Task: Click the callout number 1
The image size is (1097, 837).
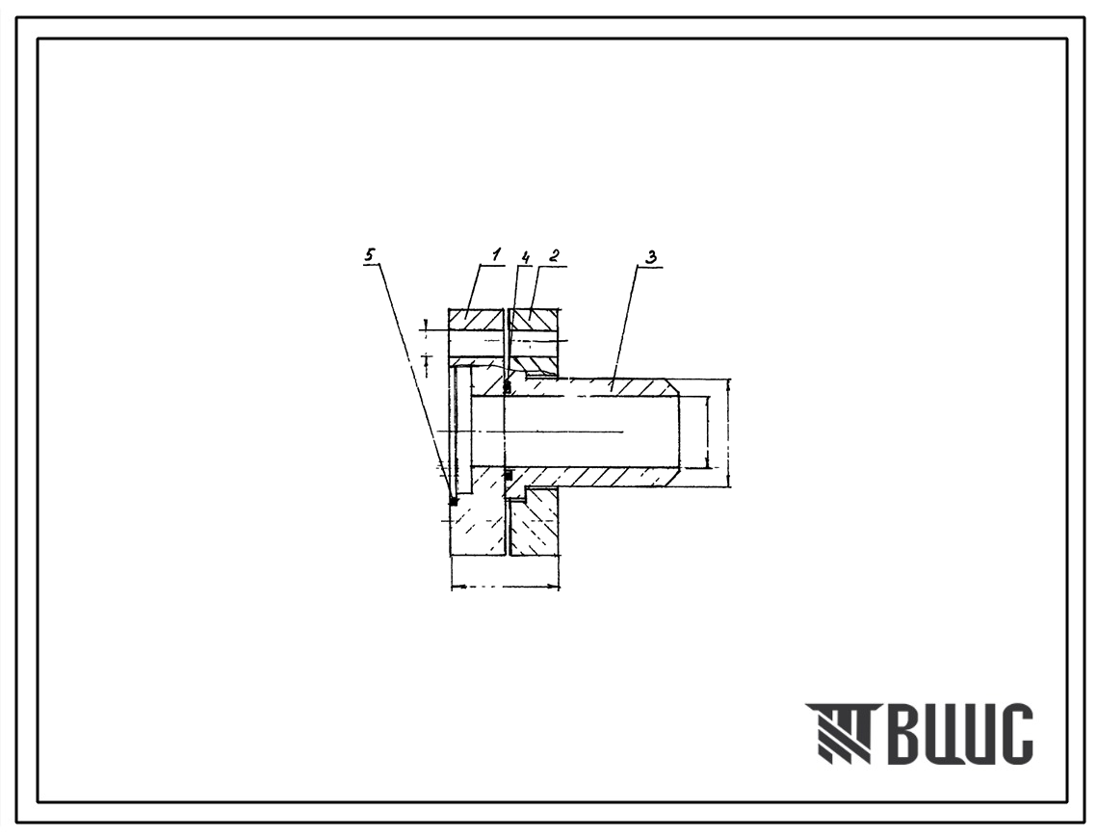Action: coord(497,255)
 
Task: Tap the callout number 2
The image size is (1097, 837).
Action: coord(554,255)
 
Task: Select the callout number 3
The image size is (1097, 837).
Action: coord(651,256)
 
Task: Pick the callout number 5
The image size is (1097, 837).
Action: coord(370,255)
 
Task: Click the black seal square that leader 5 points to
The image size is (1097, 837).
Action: coord(454,501)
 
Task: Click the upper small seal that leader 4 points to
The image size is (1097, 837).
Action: coord(508,387)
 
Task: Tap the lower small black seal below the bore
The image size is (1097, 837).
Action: coord(509,475)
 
